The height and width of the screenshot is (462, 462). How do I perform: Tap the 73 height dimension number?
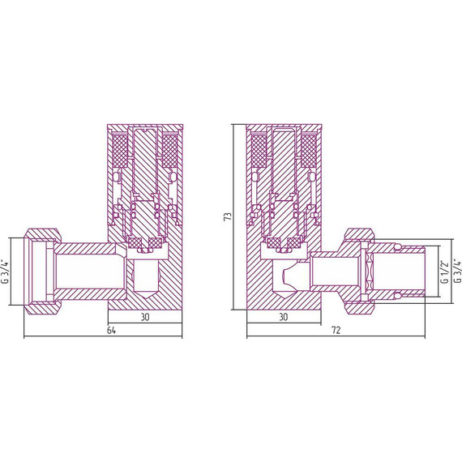pos(229,216)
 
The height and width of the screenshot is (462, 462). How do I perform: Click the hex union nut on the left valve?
pos(41,270)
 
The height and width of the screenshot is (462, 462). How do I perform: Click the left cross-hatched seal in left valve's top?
pos(121,150)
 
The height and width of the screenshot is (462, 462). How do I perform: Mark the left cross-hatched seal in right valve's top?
pos(259,150)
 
